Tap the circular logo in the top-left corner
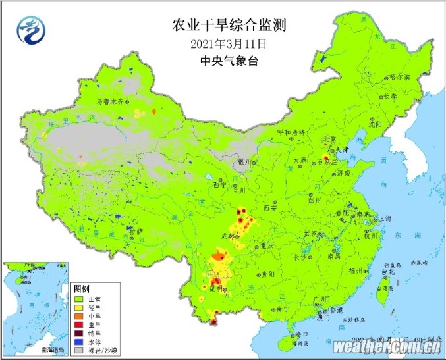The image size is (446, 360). tap(28, 28)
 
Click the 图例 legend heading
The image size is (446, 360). tap(81, 289)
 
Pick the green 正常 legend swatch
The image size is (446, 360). tap(79, 299)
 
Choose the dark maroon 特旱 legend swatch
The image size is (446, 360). tap(79, 334)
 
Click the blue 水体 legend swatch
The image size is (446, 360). tap(79, 342)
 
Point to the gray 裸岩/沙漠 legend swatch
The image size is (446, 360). tap(79, 351)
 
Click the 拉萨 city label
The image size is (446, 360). tap(136, 231)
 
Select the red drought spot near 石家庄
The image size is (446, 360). tap(325, 158)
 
